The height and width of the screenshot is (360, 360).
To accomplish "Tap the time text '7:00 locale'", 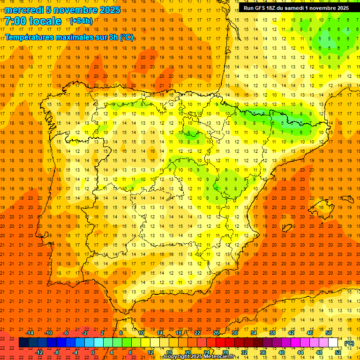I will (33, 21).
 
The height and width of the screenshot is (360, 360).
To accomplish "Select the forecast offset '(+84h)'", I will (81, 21).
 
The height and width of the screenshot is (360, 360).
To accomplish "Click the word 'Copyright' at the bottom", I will (178, 357).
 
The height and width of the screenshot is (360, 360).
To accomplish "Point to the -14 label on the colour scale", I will (29, 333).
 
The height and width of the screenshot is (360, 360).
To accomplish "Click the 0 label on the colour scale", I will (93, 352).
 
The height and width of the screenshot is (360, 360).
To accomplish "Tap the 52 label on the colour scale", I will (338, 352).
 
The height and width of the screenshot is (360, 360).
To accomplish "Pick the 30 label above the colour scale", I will (234, 333).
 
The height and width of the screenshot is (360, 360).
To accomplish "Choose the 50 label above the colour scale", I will (328, 333).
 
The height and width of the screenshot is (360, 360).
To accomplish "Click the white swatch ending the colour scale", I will (333, 343).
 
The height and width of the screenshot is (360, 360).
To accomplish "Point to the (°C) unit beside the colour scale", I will (349, 343).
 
